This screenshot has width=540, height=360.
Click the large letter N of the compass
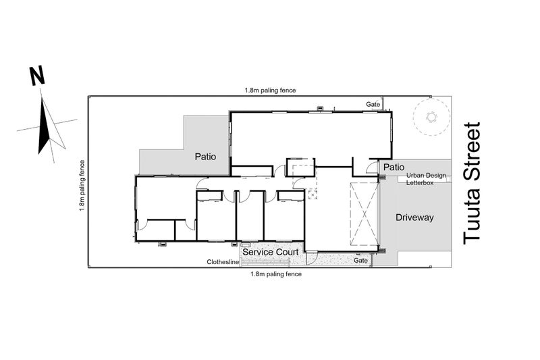pyautogui.click(x=37, y=76)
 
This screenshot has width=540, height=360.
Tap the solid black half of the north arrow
pyautogui.click(x=43, y=128)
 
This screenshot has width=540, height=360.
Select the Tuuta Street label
pyautogui.click(x=471, y=183)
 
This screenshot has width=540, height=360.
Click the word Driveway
pyautogui.click(x=414, y=217)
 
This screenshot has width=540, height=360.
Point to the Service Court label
pyautogui.click(x=271, y=252)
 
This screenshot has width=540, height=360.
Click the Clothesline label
pyautogui.click(x=223, y=262)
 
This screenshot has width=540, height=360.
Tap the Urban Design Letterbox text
pyautogui.click(x=426, y=179)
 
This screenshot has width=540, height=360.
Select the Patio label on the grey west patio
pyautogui.click(x=205, y=157)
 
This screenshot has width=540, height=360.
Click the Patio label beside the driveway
pyautogui.click(x=394, y=168)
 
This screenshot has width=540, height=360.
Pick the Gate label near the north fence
pyautogui.click(x=373, y=104)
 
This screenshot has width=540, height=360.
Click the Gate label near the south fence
pyautogui.click(x=360, y=261)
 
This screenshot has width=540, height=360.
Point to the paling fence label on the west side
pyautogui.click(x=82, y=185)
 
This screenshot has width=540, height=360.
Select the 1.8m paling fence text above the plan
pyautogui.click(x=271, y=91)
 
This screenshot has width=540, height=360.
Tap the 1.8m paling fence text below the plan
pyautogui.click(x=276, y=274)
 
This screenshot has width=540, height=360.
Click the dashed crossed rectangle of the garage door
pyautogui.click(x=364, y=214)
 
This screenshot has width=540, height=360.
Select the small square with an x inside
pyautogui.click(x=313, y=195)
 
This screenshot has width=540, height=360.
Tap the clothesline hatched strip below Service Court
pyautogui.click(x=265, y=263)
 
